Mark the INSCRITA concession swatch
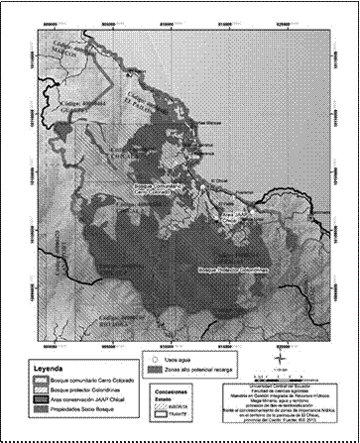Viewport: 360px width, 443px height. (x=170, y=406)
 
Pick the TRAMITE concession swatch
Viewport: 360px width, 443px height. (x=170, y=415)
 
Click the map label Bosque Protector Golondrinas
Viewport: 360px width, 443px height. (x=212, y=269)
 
